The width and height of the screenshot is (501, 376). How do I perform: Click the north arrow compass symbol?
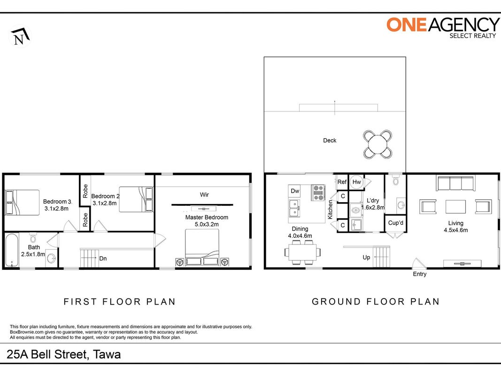(x=20, y=36)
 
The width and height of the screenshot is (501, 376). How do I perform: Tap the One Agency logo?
(x=443, y=28)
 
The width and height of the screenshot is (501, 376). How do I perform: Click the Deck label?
(x=330, y=141)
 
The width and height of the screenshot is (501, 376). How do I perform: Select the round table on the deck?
(x=378, y=144)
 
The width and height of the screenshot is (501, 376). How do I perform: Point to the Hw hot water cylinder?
(x=356, y=182)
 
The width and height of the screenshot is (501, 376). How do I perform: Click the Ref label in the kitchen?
(x=342, y=182)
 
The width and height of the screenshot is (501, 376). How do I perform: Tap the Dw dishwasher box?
(x=294, y=191)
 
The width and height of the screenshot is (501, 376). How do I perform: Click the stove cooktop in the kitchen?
(x=318, y=193)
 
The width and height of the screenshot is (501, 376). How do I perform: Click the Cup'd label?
(x=395, y=223)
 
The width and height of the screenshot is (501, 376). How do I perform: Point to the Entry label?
(x=419, y=274)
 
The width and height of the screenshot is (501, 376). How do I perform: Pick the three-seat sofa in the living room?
(x=455, y=183)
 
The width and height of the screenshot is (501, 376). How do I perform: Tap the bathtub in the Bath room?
(x=12, y=251)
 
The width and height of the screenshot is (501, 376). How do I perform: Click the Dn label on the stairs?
(x=103, y=258)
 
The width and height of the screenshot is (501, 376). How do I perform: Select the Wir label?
(x=204, y=195)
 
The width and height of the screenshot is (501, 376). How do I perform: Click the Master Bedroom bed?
(x=202, y=248)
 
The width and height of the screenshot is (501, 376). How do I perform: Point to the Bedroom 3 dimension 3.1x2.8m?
(x=56, y=209)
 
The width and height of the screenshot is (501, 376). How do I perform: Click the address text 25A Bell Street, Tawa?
(x=63, y=354)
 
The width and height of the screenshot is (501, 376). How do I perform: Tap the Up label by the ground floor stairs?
(x=366, y=258)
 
